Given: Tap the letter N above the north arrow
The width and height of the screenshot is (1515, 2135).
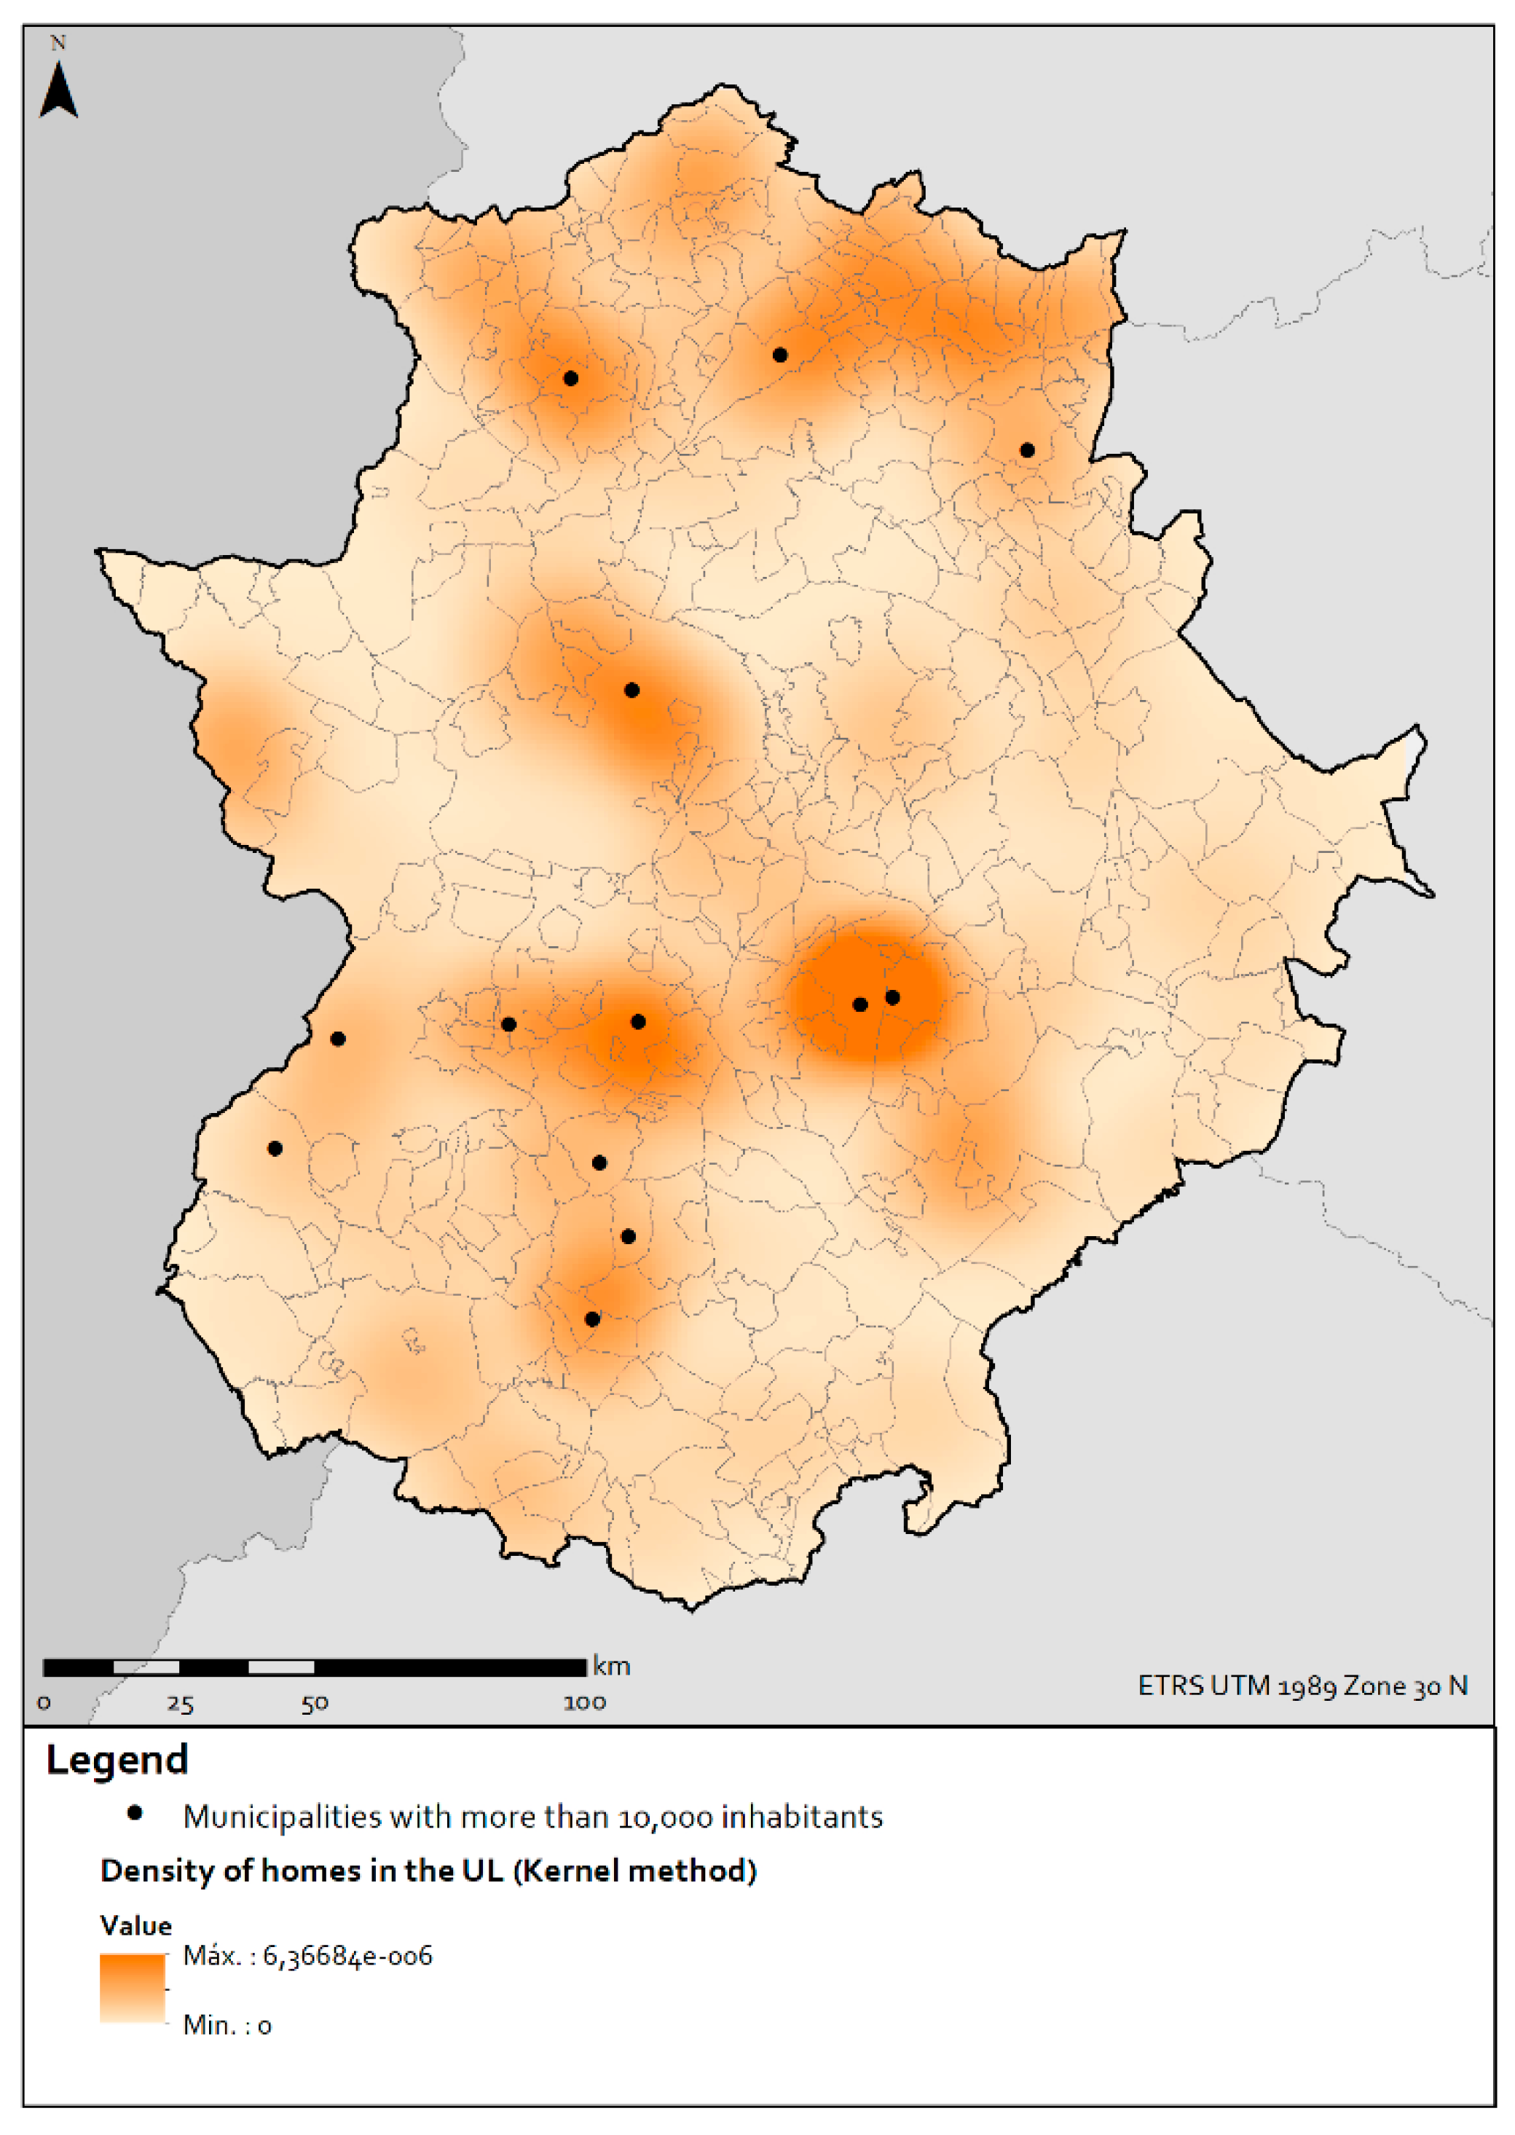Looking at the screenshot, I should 58,43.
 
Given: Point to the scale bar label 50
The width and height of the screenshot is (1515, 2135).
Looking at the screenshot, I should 315,1704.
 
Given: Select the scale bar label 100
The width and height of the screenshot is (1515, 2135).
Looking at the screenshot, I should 585,1703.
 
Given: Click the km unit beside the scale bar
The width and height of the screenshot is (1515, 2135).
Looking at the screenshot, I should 612,1667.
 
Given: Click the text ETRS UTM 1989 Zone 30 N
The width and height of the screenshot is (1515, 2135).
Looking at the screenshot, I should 1302,1686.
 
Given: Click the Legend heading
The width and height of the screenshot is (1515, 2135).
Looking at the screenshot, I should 117,1760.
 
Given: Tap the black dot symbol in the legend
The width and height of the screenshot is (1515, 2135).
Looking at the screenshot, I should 135,1813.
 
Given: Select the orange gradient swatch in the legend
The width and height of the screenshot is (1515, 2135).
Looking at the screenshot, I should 133,1988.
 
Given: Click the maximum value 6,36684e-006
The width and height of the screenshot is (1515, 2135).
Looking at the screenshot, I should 347,1956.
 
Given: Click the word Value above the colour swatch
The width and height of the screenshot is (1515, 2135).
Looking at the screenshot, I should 136,1926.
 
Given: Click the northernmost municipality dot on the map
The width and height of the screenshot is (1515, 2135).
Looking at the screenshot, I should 780,355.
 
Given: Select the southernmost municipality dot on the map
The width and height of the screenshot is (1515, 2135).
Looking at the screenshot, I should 592,1319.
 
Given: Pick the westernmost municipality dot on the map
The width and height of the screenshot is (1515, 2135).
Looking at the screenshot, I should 275,1148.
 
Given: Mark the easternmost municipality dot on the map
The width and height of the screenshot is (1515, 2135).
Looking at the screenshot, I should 1027,450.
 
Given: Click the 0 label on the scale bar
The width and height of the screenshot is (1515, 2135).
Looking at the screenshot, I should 44,1704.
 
